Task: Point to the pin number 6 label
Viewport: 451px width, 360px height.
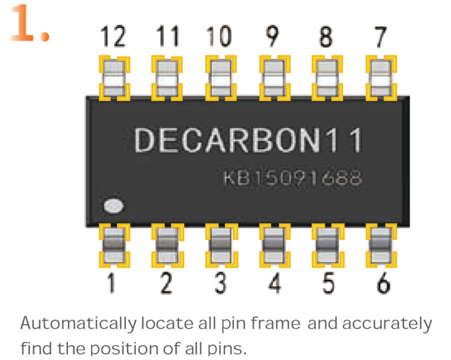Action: [x=383, y=283]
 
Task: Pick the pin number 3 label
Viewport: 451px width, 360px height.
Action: [x=220, y=283]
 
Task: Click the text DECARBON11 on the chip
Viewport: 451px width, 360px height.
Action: [x=249, y=141]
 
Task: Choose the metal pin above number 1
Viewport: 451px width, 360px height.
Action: [x=113, y=245]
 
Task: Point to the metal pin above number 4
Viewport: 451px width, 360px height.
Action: [x=274, y=245]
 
